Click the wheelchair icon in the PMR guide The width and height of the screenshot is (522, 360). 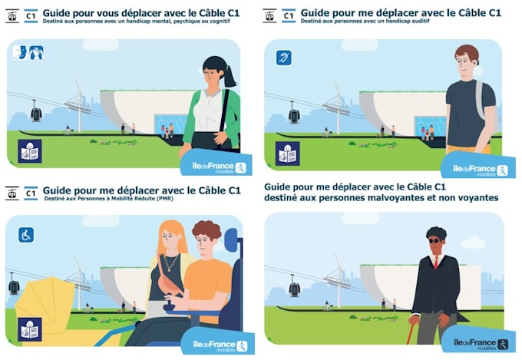pyautogui.click(x=26, y=235)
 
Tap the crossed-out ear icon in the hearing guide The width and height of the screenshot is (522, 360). pyautogui.click(x=284, y=57)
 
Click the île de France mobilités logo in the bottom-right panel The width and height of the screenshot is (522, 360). pyautogui.click(x=479, y=343)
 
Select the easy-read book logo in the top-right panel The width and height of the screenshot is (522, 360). pyautogui.click(x=287, y=151)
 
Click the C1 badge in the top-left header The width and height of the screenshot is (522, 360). pyautogui.click(x=31, y=15)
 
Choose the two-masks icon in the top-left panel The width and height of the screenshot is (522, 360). pyautogui.click(x=21, y=51)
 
